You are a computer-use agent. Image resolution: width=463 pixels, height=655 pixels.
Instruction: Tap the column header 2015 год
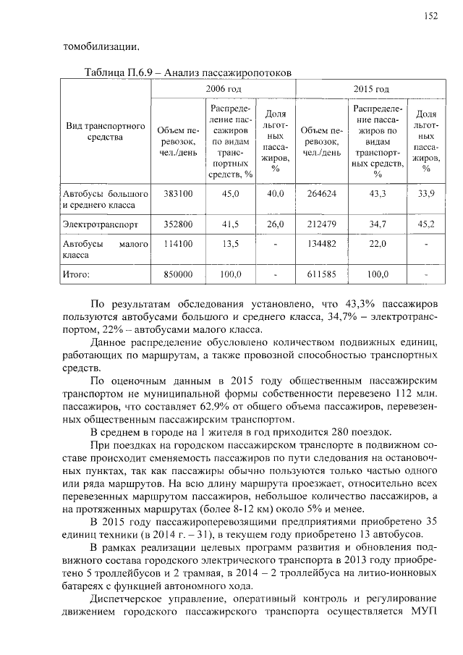pos(371,89)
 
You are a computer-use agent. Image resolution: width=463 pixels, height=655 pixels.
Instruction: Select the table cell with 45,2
pos(426,224)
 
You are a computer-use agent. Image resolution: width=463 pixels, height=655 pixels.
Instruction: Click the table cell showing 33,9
pos(426,194)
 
